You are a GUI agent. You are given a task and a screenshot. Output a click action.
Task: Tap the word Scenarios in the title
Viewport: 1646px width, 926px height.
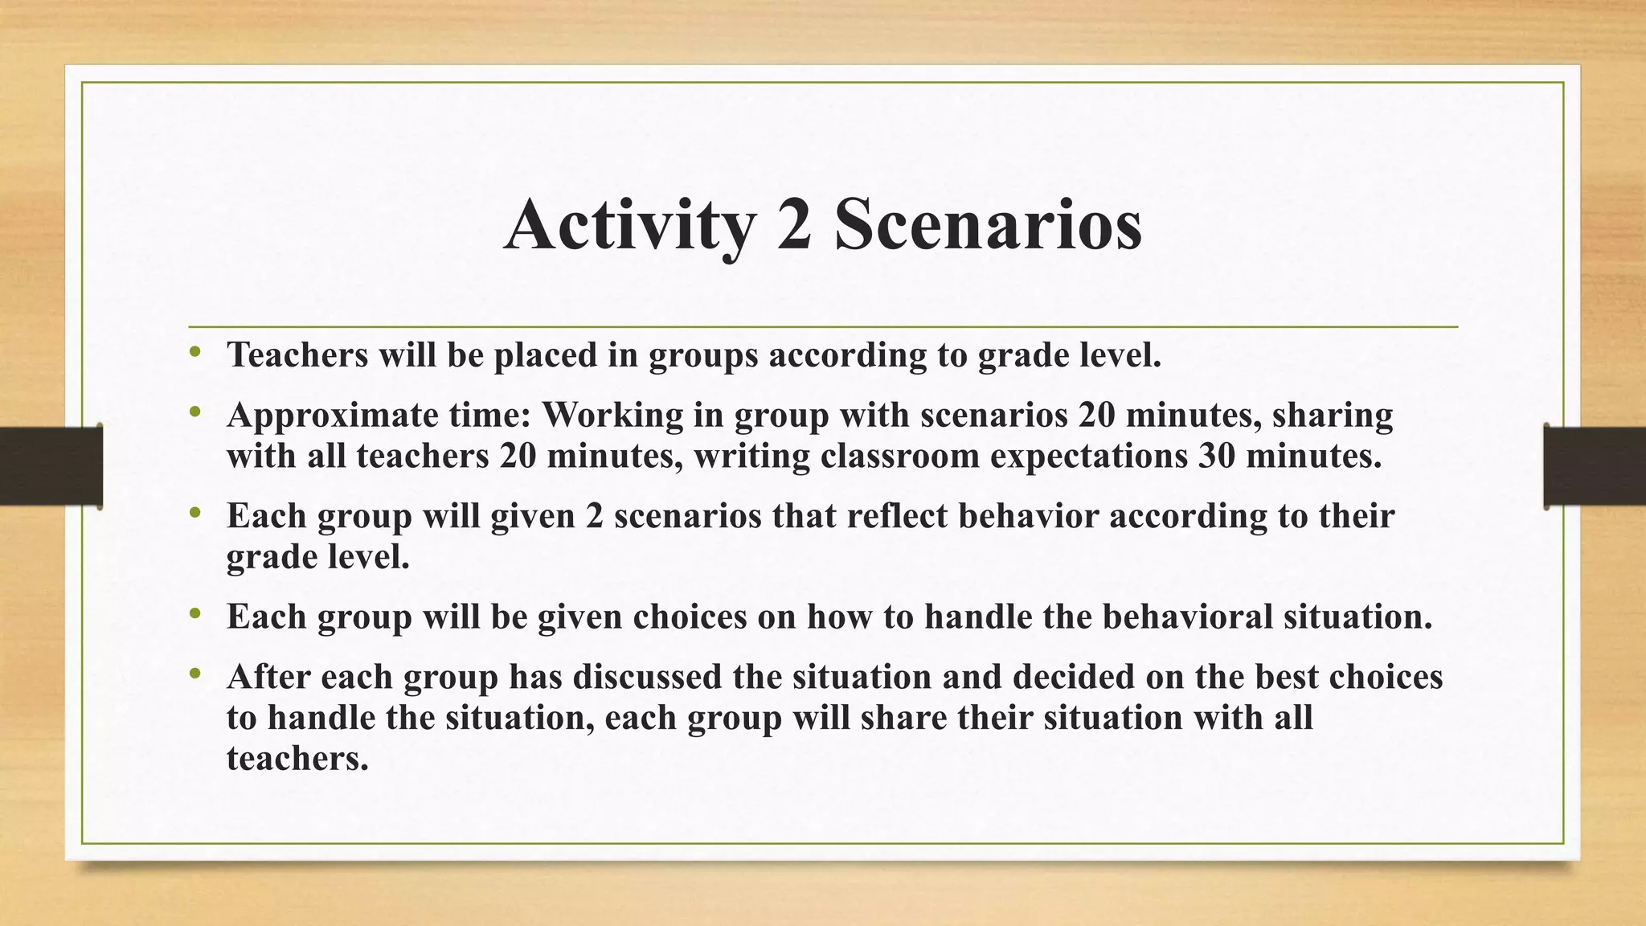tap(988, 225)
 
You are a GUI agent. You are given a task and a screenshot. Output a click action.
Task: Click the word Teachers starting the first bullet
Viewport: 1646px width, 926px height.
tap(297, 354)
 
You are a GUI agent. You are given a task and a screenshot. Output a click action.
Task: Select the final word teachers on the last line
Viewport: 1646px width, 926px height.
tap(297, 758)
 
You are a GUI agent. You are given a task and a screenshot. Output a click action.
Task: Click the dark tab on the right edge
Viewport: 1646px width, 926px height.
tap(1595, 466)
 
